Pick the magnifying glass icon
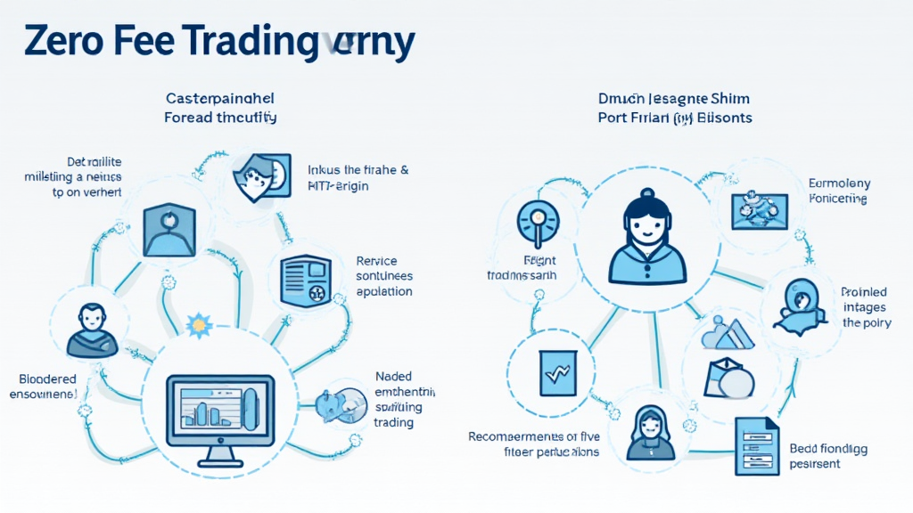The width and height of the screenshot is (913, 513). pos(539,218)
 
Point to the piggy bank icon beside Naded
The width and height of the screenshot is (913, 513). pos(341,404)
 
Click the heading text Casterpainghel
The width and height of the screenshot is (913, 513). pos(220,97)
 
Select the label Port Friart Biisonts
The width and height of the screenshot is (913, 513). pos(675,118)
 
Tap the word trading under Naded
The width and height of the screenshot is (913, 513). pos(393,422)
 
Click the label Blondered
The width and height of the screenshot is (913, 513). pos(43,378)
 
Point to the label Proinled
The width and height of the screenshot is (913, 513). pos(863,292)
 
